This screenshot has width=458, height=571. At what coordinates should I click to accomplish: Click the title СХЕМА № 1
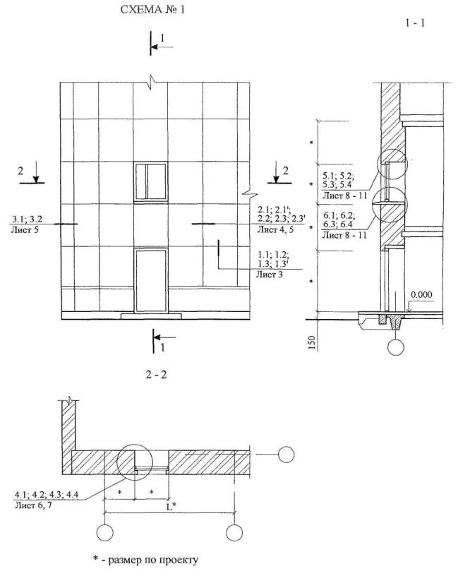coord(153,10)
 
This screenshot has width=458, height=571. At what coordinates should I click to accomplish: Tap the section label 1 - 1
coord(415,23)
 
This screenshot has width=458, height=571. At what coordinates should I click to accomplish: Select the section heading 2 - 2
coord(156,374)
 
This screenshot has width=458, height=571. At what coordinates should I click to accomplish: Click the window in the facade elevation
coord(151,181)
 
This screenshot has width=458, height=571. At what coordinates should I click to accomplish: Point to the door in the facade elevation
coord(152,280)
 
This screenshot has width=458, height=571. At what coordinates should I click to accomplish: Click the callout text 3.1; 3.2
coord(28,220)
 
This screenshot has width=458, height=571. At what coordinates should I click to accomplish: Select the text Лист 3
coord(270,275)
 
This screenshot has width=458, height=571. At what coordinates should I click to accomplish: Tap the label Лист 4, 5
coord(276,229)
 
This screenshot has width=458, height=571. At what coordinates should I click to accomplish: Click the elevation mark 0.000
coord(421,294)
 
